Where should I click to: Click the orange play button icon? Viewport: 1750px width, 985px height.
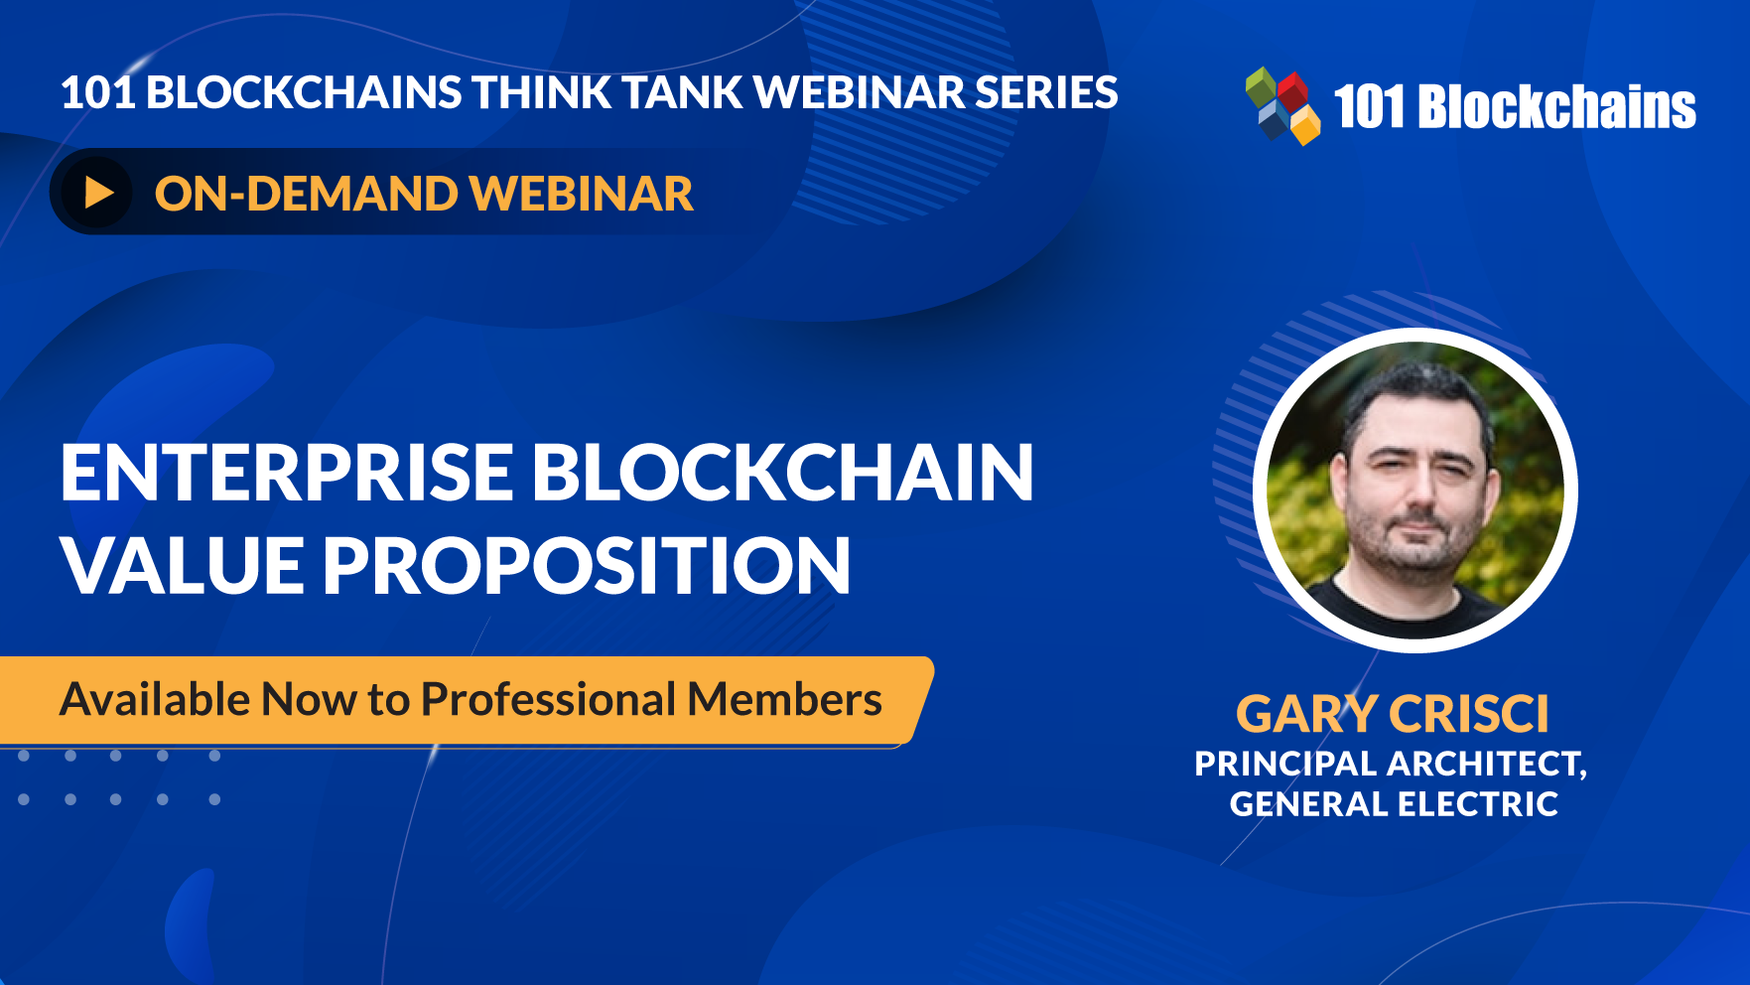click(x=97, y=193)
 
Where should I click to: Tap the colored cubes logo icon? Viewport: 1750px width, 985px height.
click(x=1282, y=105)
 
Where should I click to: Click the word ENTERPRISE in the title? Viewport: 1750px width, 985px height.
click(x=287, y=473)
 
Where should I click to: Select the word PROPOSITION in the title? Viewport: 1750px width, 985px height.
click(x=586, y=566)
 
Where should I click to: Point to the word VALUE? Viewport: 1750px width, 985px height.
click(x=182, y=566)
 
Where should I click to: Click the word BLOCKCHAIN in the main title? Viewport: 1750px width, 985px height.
click(x=784, y=473)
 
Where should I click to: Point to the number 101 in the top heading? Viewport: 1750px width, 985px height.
click(x=97, y=92)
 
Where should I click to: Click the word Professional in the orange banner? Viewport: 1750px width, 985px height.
click(x=548, y=699)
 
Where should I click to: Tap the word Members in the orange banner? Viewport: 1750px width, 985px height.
click(x=784, y=699)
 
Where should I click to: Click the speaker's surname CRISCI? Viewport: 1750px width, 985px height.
click(x=1469, y=714)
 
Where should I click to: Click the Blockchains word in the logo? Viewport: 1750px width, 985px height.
click(x=1557, y=106)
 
